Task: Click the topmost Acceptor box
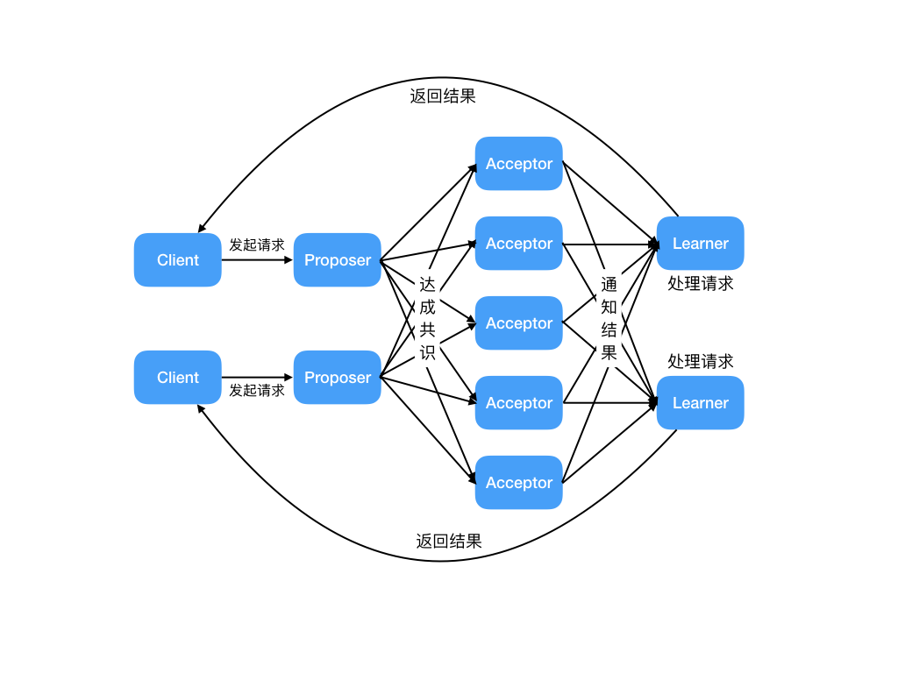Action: point(518,164)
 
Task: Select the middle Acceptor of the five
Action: point(518,323)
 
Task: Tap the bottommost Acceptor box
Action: point(518,483)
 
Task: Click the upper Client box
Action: point(177,260)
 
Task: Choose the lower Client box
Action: point(177,378)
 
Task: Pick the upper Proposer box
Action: point(337,260)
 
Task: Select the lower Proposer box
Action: point(337,378)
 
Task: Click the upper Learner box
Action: point(700,244)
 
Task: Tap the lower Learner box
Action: point(700,403)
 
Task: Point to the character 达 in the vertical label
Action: point(427,284)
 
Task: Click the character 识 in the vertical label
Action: point(427,353)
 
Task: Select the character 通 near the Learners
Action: point(609,284)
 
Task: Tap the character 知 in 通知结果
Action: point(609,307)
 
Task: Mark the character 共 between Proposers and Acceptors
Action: point(427,330)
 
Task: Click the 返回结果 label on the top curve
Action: point(443,96)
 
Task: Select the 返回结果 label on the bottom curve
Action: point(449,541)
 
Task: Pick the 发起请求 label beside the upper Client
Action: point(257,244)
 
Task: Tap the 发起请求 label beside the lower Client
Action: point(257,391)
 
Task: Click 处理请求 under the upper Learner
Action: point(701,283)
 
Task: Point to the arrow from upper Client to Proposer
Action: point(257,260)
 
